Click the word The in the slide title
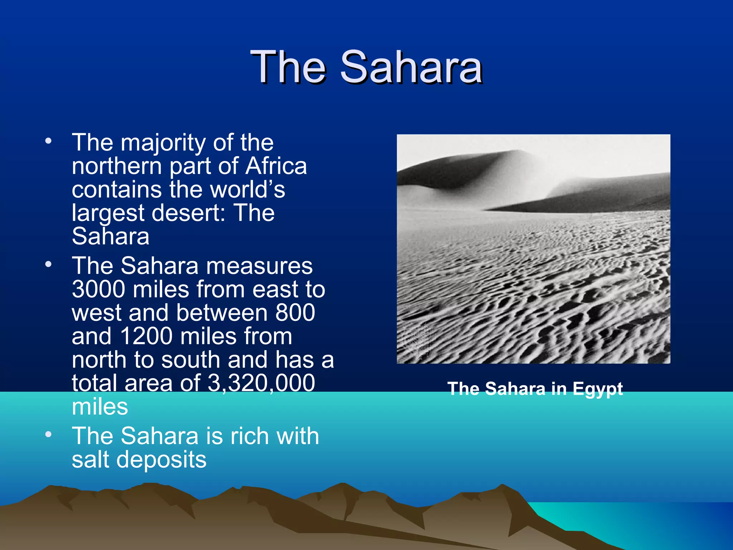coord(288,67)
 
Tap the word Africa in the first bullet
coord(276,166)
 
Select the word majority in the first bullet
coord(163,143)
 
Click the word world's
coord(247,189)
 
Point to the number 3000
coord(98,289)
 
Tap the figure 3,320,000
coord(261,383)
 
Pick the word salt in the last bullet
coord(91,460)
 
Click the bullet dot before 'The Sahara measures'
coord(48,264)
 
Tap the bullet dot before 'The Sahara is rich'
coord(48,435)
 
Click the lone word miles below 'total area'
coord(100,407)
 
